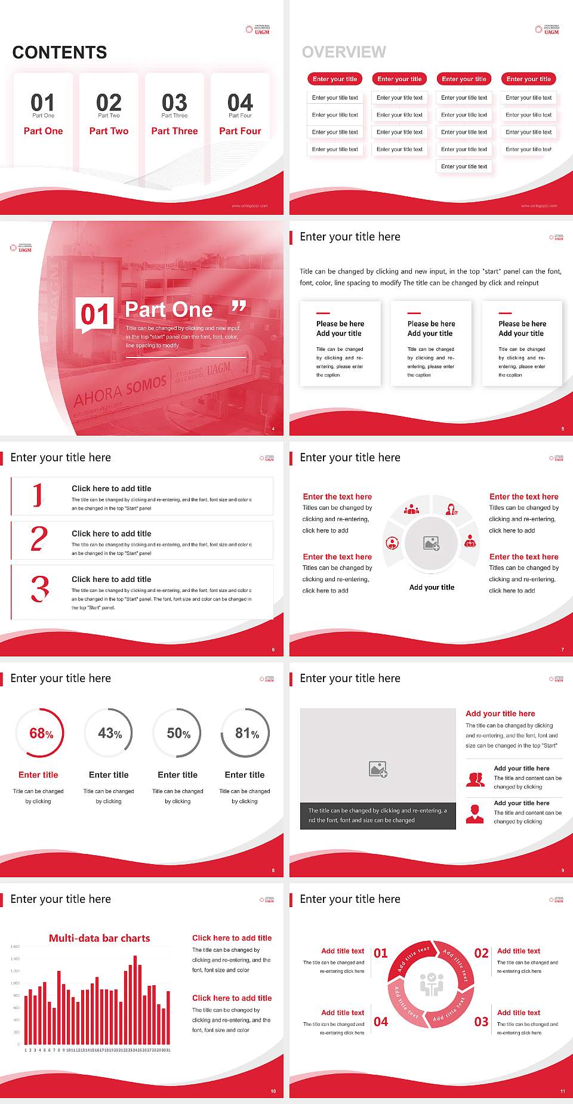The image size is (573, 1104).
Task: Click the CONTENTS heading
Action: coord(60,53)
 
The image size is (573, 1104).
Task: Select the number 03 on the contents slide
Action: coord(174,103)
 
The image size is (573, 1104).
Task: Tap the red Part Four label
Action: coord(240,131)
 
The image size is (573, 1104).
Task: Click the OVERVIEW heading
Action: coord(344,53)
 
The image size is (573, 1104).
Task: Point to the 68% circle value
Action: coord(41,733)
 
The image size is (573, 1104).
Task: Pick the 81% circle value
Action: coord(247,733)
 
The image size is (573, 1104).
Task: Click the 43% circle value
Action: coord(110,733)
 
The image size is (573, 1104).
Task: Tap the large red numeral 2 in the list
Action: coord(39,539)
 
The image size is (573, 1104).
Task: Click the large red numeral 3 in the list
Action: coord(40,589)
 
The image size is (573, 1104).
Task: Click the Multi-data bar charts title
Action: coord(100,938)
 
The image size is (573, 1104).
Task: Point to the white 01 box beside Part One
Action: coord(95,314)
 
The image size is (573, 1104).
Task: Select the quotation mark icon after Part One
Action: coord(239,307)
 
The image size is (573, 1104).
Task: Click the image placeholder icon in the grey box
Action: coord(378,769)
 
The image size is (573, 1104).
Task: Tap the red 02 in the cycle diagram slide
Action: coord(481,954)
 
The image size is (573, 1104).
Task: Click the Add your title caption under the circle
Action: coord(432,587)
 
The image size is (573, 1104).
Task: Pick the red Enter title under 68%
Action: coord(38,775)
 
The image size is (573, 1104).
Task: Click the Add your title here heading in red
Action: coord(500,714)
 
